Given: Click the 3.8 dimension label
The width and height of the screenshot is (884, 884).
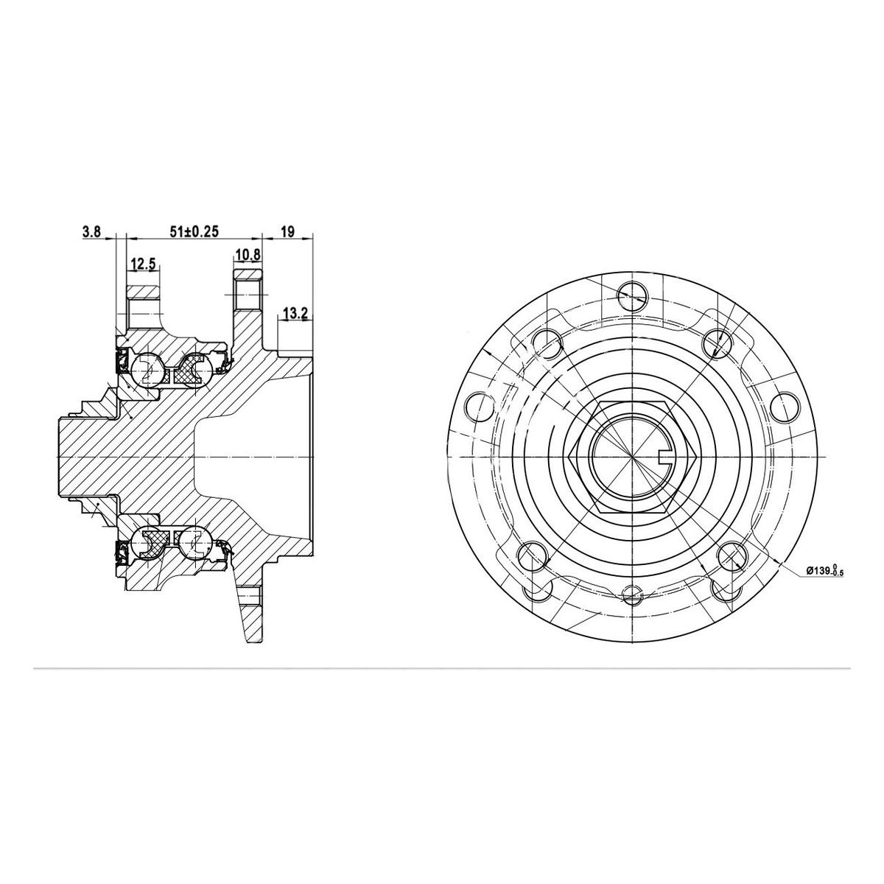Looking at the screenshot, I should pyautogui.click(x=91, y=232).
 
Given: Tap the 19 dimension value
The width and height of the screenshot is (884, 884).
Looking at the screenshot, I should pyautogui.click(x=287, y=232).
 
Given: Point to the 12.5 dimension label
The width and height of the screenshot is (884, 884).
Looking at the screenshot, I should pyautogui.click(x=143, y=263).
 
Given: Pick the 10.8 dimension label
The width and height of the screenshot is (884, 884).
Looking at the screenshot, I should pyautogui.click(x=248, y=256).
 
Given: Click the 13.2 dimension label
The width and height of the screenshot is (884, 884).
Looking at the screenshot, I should pyautogui.click(x=295, y=315).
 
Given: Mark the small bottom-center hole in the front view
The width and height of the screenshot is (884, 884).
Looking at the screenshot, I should pyautogui.click(x=632, y=594).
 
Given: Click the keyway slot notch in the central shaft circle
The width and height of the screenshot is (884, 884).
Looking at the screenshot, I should pyautogui.click(x=664, y=457).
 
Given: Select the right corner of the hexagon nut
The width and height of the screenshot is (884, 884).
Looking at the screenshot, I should pyautogui.click(x=694, y=457).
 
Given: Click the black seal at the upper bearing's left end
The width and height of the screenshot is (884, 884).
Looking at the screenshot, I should pyautogui.click(x=119, y=361).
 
